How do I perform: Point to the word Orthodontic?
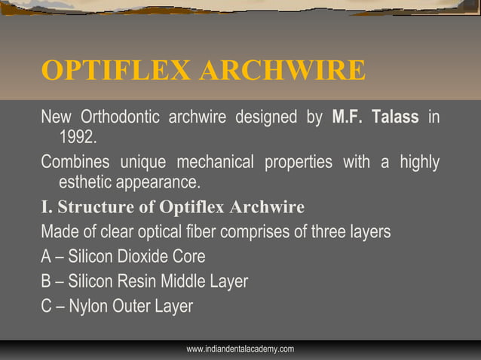click(120, 118)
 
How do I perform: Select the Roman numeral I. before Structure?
click(46, 207)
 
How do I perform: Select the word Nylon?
click(89, 307)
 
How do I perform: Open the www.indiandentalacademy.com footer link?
click(240, 349)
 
